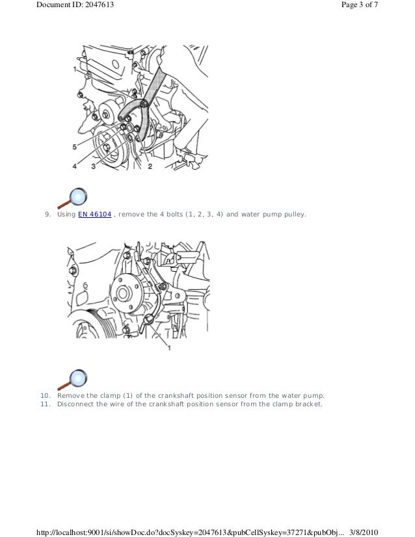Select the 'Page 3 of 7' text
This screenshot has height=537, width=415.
(x=360, y=5)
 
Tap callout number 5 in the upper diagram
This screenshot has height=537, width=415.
(x=75, y=147)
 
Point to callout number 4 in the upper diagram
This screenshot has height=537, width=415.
(x=75, y=166)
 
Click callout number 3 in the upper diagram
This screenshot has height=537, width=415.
(x=94, y=166)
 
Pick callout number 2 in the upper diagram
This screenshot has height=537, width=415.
(x=150, y=166)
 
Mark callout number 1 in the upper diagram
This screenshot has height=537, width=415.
(x=75, y=69)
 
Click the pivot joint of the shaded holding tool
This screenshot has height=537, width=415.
(x=144, y=103)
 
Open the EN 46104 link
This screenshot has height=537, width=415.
(x=94, y=215)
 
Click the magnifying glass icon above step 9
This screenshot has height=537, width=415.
(x=72, y=198)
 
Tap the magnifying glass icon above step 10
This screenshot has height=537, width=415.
(x=72, y=380)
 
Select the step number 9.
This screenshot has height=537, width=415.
(x=47, y=215)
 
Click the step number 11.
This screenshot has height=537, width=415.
(x=46, y=404)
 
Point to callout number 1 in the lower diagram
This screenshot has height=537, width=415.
(x=169, y=348)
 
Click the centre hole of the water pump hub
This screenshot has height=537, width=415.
(x=123, y=294)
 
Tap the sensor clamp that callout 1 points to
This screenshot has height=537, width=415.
(x=149, y=319)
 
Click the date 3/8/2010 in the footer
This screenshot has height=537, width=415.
(x=364, y=532)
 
